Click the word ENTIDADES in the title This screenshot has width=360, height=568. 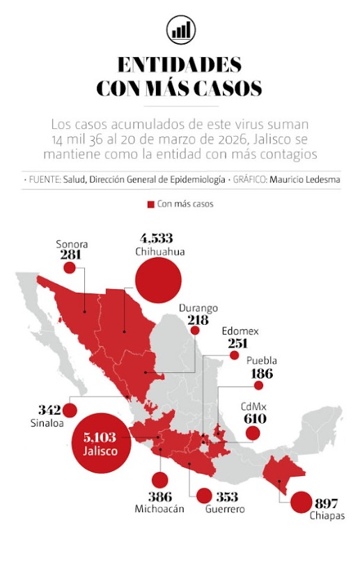coord(180,65)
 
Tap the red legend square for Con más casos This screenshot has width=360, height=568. coord(150,204)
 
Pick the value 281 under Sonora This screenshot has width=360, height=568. coord(70,256)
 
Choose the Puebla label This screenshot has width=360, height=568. coord(262,361)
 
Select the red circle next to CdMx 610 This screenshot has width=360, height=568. coord(253,433)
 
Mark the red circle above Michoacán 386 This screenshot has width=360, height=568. coord(159,479)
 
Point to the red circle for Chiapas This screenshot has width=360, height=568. coord(302,502)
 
